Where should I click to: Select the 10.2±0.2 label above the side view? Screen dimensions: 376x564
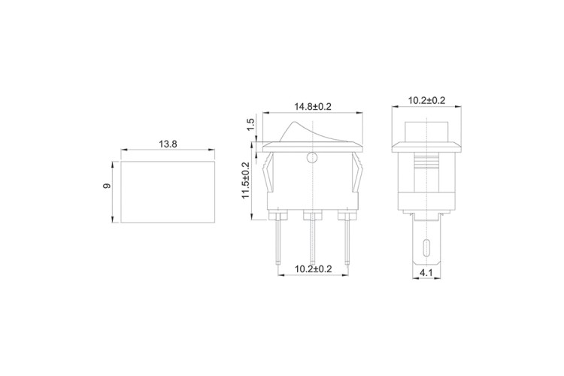[426, 100]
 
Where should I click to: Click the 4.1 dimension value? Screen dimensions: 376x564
[426, 273]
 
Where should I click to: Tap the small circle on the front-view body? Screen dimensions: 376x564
[312, 158]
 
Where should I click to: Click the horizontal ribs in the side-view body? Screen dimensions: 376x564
[426, 164]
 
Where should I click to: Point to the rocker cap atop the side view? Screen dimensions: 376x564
[426, 128]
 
